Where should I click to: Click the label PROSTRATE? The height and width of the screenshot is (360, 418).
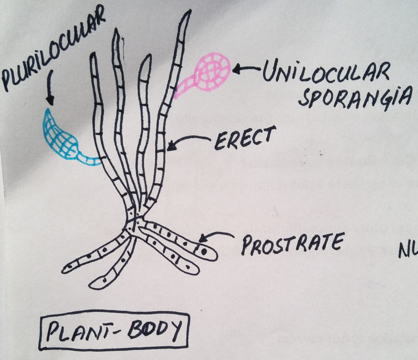[x=291, y=244]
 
